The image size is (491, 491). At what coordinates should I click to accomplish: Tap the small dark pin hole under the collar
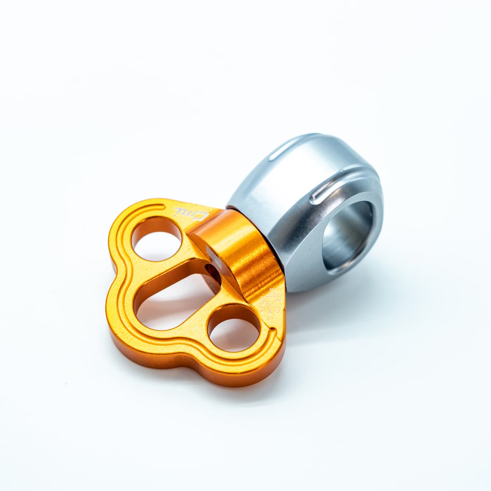point(212,270)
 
